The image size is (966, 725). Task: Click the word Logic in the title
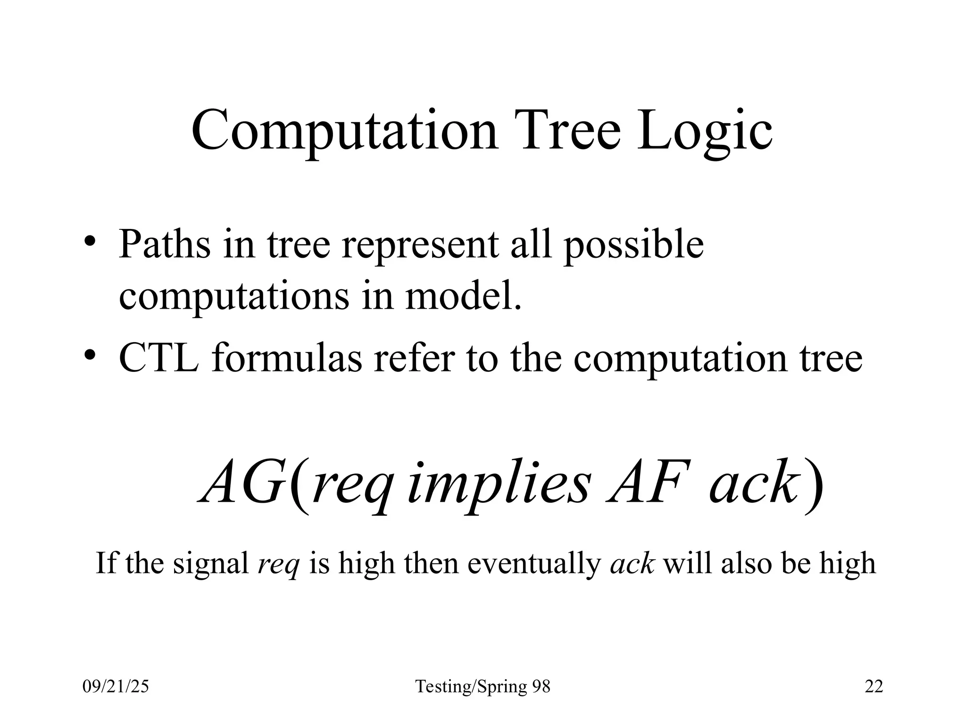[705, 130]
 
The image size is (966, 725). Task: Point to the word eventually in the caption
[533, 563]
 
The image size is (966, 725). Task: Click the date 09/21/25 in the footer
[116, 687]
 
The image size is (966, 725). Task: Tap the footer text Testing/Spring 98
[483, 687]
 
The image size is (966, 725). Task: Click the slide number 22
[874, 687]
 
